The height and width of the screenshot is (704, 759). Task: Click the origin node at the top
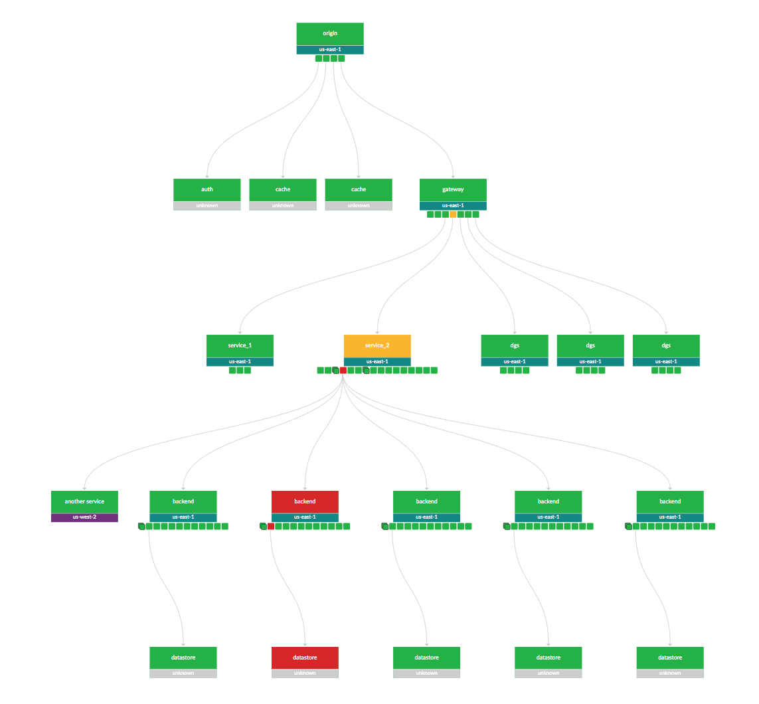[x=330, y=34]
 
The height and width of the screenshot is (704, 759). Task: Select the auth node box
[x=207, y=189]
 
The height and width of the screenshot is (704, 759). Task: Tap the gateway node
[x=453, y=189]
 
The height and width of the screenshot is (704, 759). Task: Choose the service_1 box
[x=240, y=345]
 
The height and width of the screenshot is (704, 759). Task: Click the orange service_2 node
[x=377, y=345]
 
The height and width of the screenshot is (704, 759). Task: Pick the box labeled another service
[x=84, y=501]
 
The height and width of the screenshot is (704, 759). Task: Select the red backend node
[x=305, y=501]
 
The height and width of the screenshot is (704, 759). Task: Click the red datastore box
[x=305, y=658]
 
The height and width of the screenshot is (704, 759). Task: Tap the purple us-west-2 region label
[x=84, y=517]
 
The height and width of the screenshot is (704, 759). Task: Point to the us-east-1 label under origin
[x=330, y=50]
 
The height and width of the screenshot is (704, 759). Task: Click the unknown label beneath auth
[x=207, y=206]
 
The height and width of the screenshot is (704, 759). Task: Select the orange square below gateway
[x=453, y=215]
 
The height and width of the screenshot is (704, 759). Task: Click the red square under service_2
[x=343, y=371]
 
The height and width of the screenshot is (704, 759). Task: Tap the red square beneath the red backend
[x=271, y=527]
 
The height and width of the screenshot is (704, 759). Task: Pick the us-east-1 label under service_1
[x=240, y=362]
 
